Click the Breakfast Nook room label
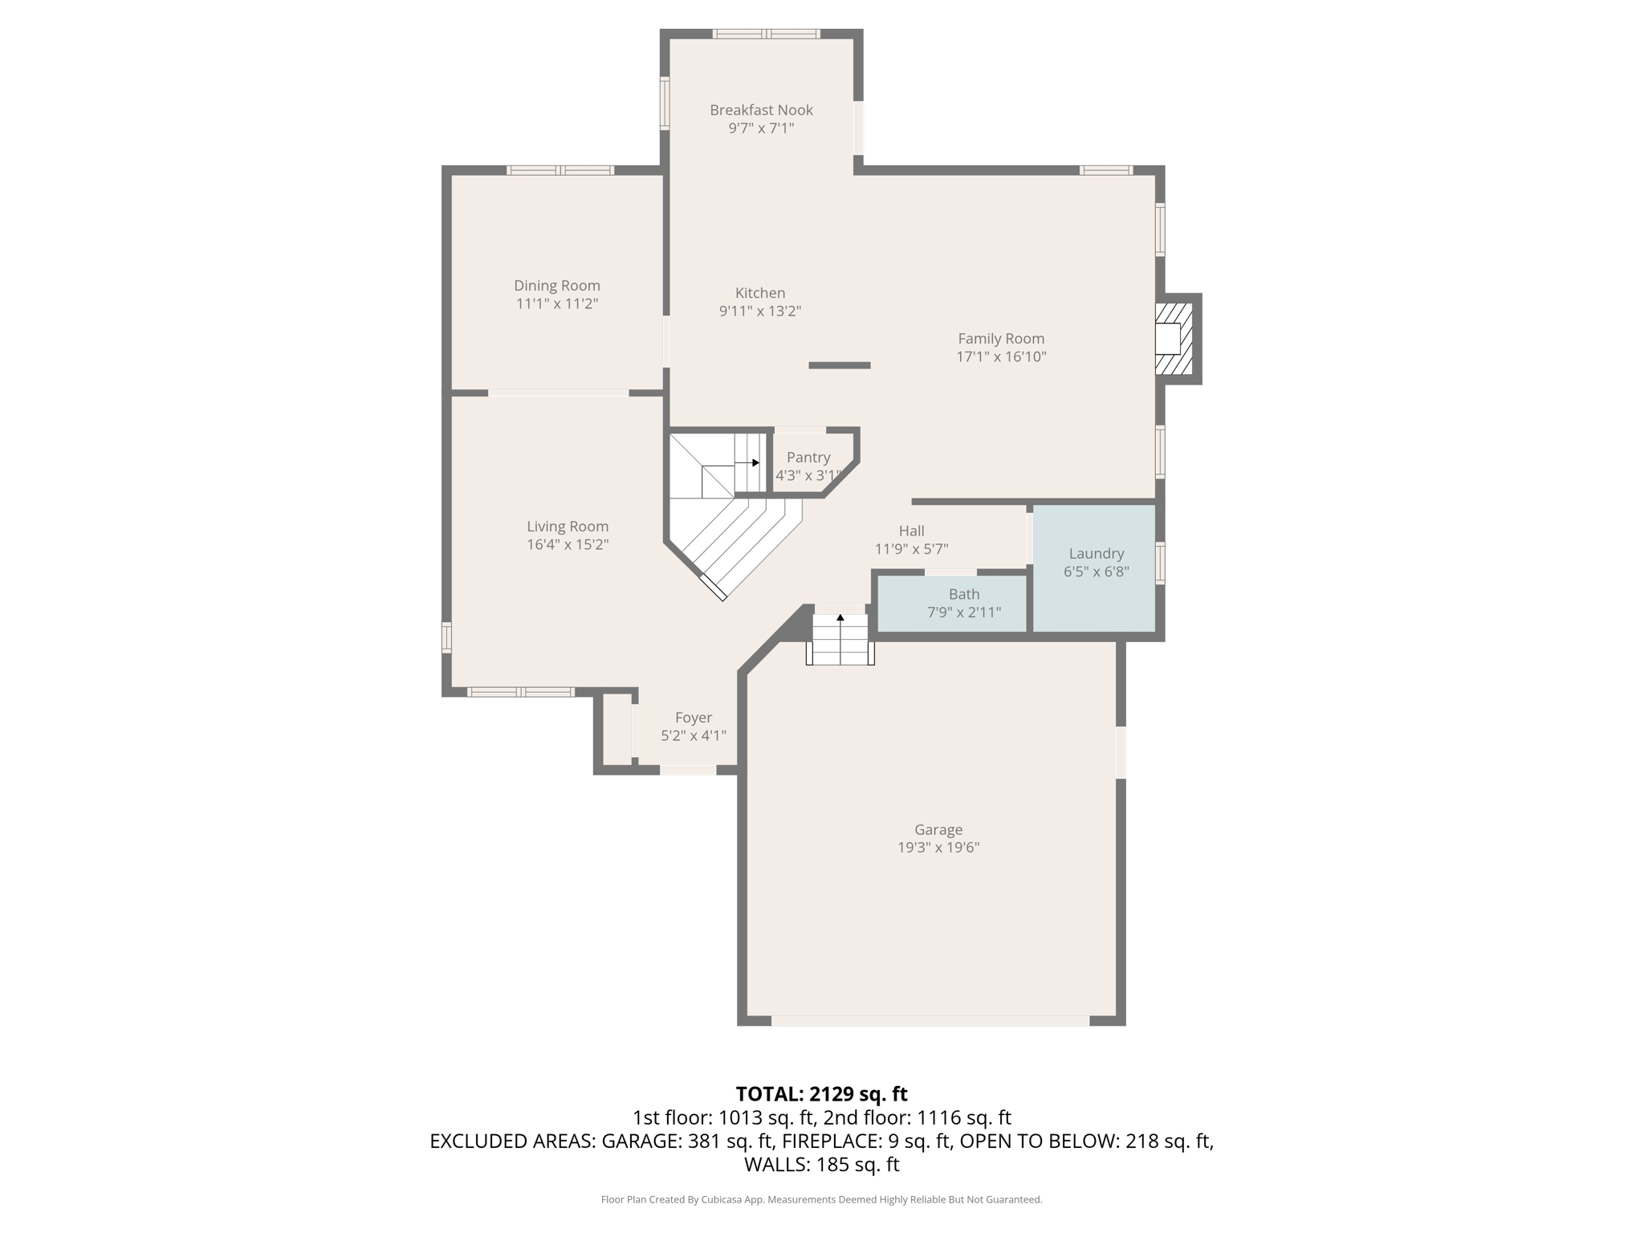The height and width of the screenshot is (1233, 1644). coord(761,110)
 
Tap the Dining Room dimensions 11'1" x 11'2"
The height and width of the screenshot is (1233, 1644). coord(556,304)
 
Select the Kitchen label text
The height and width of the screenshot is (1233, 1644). coord(759,293)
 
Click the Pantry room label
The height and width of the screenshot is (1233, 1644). coord(808,458)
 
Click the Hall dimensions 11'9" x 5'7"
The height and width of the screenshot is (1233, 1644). coord(911,549)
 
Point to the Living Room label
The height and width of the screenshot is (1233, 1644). coord(567,527)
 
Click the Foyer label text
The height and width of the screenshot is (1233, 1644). coord(693,718)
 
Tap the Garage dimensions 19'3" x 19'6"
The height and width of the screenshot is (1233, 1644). coord(938,848)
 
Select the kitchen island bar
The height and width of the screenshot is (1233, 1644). coord(839,365)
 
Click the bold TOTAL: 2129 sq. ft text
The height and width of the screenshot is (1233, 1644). coord(821,1094)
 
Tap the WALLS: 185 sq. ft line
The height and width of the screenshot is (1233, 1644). coord(821,1165)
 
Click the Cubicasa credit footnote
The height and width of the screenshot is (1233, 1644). coord(821,1199)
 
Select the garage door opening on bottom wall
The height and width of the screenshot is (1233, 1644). coord(930,1021)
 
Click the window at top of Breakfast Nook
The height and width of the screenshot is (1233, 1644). coord(766,34)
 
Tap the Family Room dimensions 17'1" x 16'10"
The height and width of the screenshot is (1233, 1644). coord(1000,357)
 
